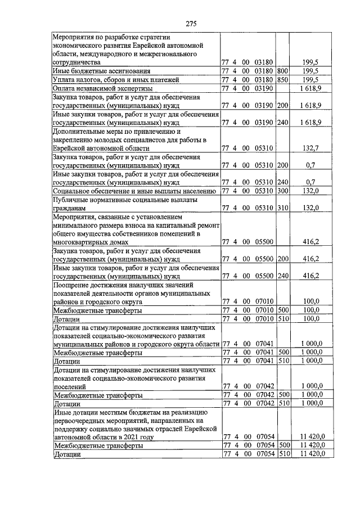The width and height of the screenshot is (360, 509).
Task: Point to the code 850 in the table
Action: click(282, 80)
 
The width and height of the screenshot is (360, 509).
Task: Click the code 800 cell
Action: click(282, 71)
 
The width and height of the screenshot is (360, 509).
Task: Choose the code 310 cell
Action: click(282, 208)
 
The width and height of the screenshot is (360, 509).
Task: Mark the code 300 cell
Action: click(282, 191)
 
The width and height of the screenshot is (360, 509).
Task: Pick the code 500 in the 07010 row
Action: click(282, 310)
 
